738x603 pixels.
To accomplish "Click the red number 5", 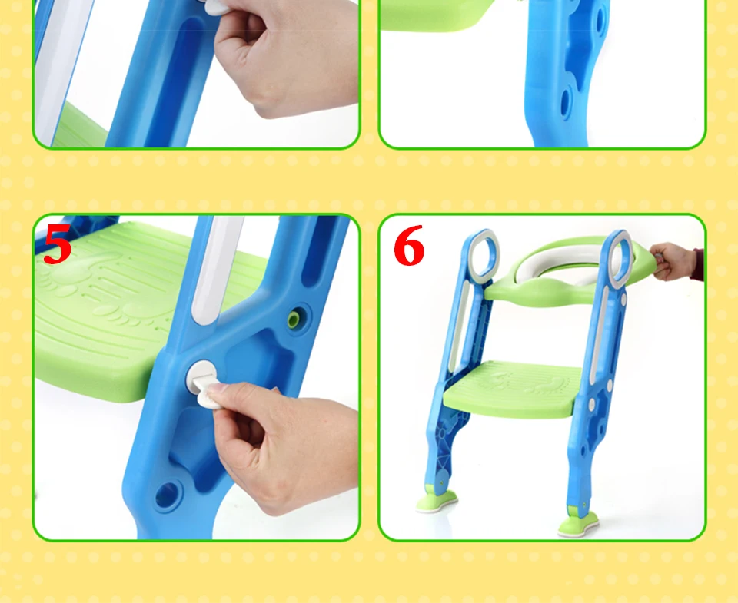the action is pos(58,244).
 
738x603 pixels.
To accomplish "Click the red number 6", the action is pos(408,245).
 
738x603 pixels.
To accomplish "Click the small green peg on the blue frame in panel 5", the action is pos(294,319).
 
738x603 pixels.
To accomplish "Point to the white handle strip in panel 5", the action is pos(217,268).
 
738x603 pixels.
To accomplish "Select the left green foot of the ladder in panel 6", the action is pos(437,501).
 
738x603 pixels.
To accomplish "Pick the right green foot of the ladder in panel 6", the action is pos(578,524).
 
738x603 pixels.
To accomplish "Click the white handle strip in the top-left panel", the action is pos(59,71).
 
